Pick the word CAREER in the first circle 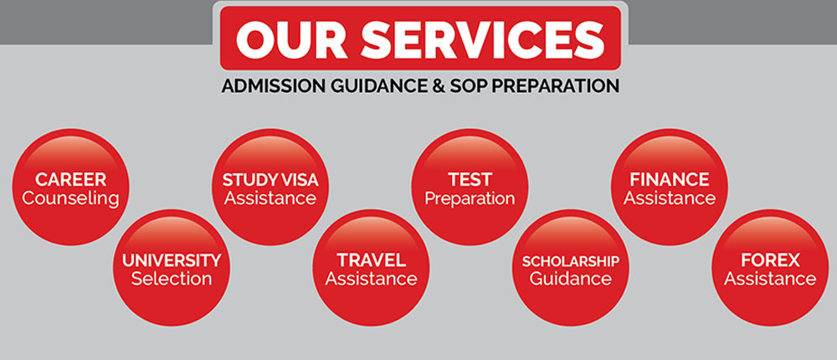70,180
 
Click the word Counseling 70,199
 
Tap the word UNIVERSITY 171,260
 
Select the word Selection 171,280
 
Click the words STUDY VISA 270,180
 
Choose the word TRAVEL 371,260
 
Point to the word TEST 470,180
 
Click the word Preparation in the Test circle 470,199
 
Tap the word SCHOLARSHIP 570,260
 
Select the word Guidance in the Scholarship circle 570,280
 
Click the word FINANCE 670,180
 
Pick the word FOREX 769,260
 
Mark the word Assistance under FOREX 769,280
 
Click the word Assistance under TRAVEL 371,280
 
